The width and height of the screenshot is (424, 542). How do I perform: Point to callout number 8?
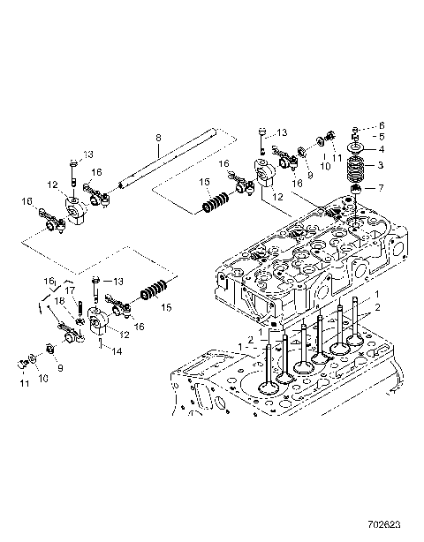point(157,137)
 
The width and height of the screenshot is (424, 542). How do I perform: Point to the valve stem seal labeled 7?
point(358,188)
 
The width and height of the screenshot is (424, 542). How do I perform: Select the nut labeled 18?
point(77,320)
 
